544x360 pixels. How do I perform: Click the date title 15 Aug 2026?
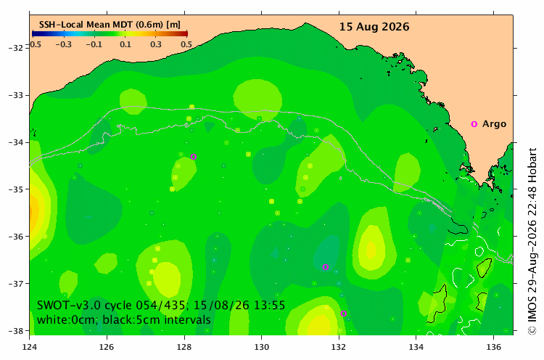374,27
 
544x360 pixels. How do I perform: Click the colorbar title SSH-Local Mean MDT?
87,25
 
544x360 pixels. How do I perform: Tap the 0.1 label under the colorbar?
125,44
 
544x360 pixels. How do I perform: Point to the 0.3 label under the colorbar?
156,44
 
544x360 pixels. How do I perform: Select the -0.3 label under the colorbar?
64,44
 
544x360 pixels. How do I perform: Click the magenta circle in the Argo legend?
474,124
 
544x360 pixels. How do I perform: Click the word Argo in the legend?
494,124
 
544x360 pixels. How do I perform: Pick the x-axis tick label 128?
184,347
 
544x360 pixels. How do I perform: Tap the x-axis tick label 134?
416,347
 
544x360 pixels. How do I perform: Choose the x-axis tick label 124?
30,347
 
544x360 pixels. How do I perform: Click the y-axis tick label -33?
15,95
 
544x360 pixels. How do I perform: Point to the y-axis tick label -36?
15,237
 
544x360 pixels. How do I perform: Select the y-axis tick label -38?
15,330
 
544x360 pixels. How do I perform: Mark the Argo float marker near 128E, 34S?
194,157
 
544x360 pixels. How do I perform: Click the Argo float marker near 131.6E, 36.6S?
326,267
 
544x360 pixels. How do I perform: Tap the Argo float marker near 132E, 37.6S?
344,314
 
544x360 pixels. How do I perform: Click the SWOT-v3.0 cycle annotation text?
161,305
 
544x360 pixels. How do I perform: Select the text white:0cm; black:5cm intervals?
124,319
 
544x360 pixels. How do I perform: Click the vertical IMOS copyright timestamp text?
532,241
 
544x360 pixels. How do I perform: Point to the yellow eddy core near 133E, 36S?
371,249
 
